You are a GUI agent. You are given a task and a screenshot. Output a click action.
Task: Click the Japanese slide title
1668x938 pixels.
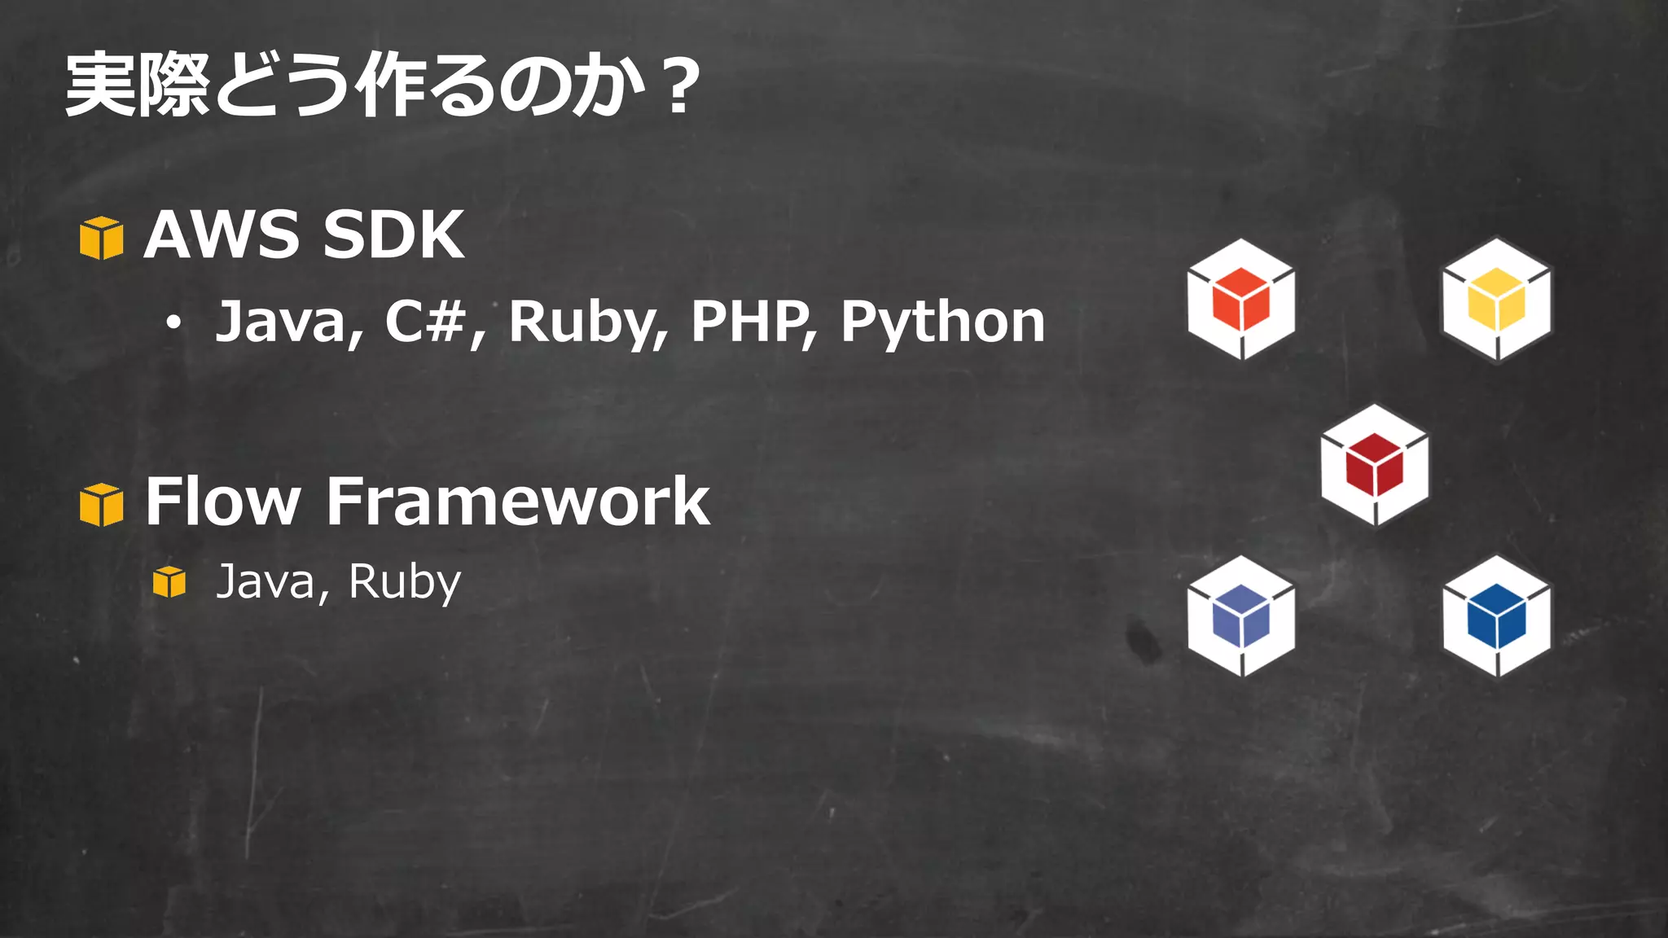pos(381,85)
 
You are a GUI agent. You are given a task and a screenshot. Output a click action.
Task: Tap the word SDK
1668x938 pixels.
pos(393,234)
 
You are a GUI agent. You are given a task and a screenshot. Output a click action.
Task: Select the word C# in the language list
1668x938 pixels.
pos(425,321)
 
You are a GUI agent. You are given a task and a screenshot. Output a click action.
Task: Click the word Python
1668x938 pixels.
pos(942,322)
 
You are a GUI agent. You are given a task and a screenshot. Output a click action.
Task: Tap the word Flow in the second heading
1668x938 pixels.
pos(222,502)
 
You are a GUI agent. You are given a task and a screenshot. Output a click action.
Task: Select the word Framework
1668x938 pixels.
pos(518,502)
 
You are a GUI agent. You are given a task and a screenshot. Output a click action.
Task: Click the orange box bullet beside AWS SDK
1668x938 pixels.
pos(102,238)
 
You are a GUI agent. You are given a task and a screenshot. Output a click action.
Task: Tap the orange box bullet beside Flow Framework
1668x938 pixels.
pos(102,505)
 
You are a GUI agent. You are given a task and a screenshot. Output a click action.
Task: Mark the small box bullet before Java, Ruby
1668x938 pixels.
pos(169,581)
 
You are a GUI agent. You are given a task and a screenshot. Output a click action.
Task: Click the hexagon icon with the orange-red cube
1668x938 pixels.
pos(1240,299)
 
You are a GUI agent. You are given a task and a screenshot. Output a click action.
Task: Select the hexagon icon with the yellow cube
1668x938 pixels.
pos(1496,299)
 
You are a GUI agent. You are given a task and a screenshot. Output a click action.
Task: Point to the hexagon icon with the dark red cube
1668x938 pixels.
pos(1374,465)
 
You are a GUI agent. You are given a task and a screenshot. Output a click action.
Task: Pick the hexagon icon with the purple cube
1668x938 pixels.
pos(1240,616)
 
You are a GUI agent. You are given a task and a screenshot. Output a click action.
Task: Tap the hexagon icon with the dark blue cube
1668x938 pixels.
pos(1496,616)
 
